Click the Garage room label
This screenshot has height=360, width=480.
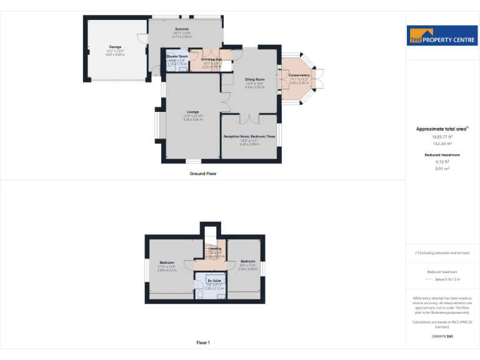tap(116, 47)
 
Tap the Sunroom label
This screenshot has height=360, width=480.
tap(182, 29)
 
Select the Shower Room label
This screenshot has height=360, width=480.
tap(177, 56)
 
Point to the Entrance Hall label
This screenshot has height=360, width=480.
tap(207, 59)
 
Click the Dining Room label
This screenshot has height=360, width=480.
tap(254, 79)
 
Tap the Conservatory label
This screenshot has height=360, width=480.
tap(299, 75)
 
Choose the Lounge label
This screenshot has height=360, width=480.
tap(192, 112)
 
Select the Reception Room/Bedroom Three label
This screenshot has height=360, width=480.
tap(249, 136)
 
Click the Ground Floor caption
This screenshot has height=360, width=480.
tap(203, 173)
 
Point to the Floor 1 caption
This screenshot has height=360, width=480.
tap(203, 342)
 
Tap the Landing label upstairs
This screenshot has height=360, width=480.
tap(215, 249)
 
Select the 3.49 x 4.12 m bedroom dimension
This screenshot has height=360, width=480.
tap(166, 269)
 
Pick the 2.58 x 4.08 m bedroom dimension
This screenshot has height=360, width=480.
tap(247, 269)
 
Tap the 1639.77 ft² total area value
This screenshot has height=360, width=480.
tap(441, 136)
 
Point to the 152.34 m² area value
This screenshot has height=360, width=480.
tap(441, 143)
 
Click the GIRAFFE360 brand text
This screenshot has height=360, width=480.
tap(441, 337)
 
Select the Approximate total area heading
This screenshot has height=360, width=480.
tap(442, 129)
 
